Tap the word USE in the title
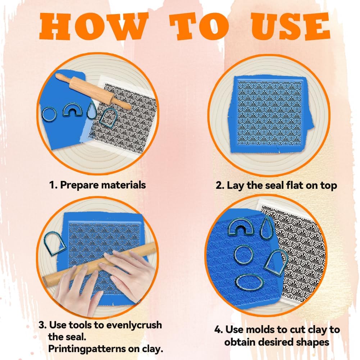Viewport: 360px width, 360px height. tap(290, 26)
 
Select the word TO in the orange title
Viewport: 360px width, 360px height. tap(199, 26)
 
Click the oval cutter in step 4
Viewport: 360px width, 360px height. tap(236, 283)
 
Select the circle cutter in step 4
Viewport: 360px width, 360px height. tap(235, 255)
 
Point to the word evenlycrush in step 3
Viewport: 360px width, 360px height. tap(134, 325)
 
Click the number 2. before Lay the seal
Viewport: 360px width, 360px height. tap(220, 185)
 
